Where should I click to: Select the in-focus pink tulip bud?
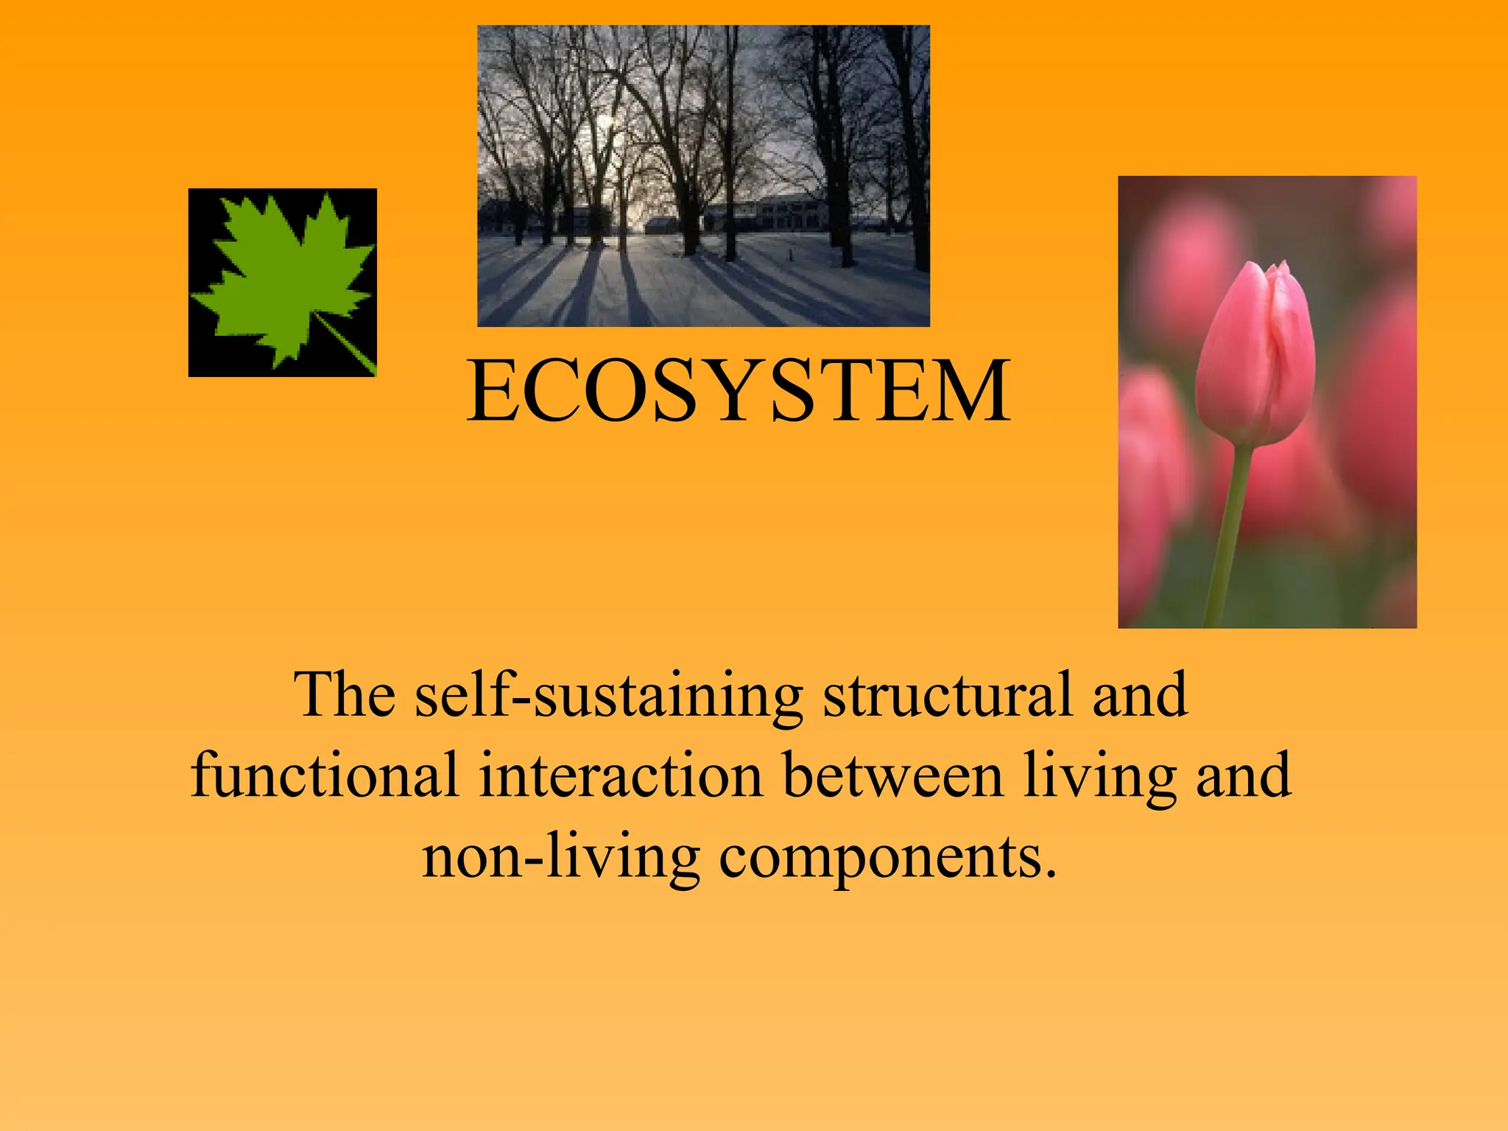click(x=1255, y=353)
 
